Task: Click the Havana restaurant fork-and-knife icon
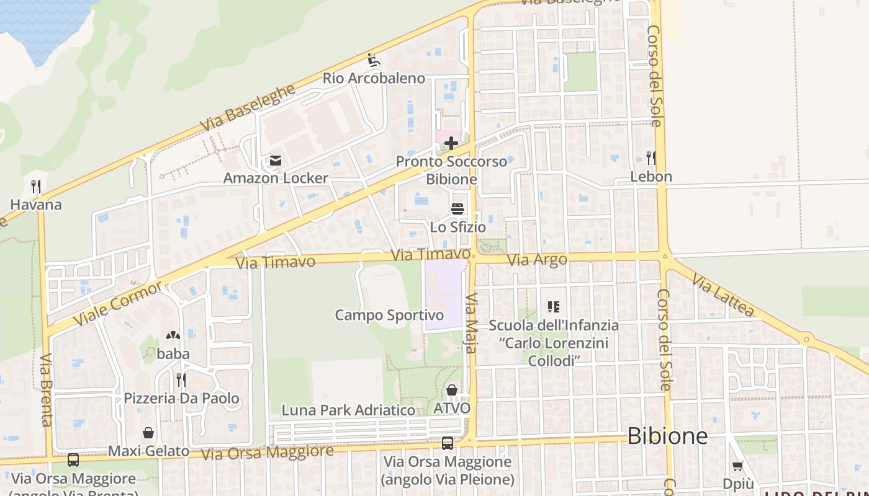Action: point(36,187)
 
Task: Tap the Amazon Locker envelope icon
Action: point(275,161)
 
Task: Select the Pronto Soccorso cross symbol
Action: point(451,143)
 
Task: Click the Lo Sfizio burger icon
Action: point(457,209)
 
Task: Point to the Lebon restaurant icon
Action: point(651,158)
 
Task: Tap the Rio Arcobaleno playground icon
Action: point(374,60)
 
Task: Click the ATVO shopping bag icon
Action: point(452,390)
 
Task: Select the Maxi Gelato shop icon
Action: point(148,433)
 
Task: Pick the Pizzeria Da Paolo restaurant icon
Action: point(181,379)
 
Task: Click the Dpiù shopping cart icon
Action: point(738,466)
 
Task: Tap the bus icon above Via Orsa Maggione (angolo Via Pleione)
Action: point(448,443)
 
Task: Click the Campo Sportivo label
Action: point(389,315)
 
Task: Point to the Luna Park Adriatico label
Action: point(348,410)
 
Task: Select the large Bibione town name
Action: point(667,436)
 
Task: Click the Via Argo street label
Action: point(537,260)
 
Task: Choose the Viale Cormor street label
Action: point(117,303)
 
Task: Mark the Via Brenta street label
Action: point(46,390)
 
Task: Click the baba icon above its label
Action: point(173,336)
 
